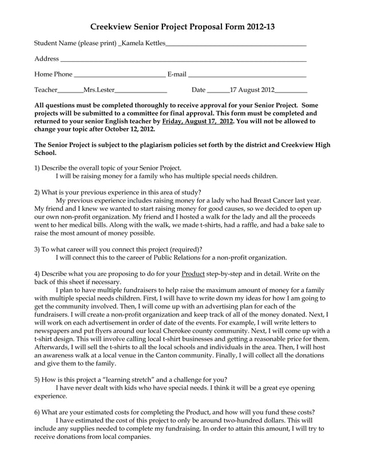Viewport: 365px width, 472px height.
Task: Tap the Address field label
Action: (x=46, y=59)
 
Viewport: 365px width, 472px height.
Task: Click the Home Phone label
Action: (x=53, y=74)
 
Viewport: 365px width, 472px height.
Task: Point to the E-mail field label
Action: (x=176, y=74)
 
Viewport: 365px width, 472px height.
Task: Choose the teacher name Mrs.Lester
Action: (x=99, y=90)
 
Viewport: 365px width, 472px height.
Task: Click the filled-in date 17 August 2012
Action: (x=252, y=90)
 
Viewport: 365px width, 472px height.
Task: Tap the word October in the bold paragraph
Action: (x=120, y=130)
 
